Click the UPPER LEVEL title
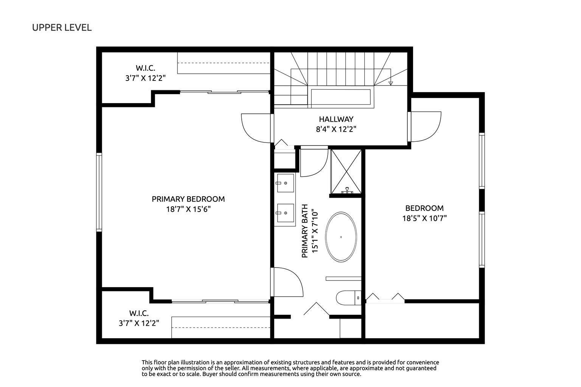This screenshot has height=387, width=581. (62, 28)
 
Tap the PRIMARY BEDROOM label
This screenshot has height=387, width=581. (188, 199)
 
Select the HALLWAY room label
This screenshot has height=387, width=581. (336, 119)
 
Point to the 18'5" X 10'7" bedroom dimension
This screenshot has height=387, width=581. (424, 218)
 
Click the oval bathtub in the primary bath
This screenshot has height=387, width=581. (341, 237)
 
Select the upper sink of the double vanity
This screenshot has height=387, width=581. (285, 183)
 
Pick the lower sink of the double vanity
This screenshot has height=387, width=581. (285, 213)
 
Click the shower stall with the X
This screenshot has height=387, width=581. (346, 172)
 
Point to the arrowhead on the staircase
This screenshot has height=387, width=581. (391, 83)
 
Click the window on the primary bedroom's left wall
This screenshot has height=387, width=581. (99, 192)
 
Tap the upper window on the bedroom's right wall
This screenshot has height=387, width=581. (482, 161)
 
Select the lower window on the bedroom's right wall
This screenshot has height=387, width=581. (482, 240)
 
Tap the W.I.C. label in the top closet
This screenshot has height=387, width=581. (145, 68)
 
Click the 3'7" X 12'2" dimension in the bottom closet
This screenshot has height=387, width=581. (139, 323)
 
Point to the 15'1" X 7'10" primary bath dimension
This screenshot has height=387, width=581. (314, 231)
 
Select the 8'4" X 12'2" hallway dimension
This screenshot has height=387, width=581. (336, 129)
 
